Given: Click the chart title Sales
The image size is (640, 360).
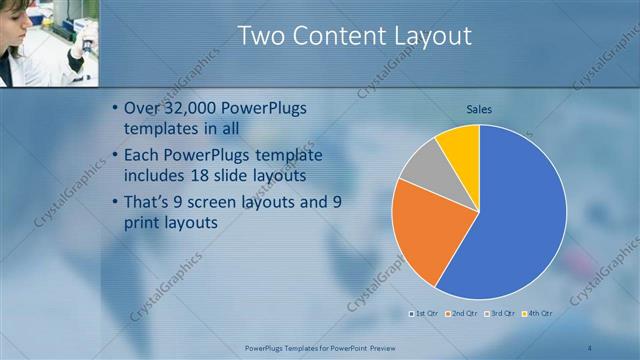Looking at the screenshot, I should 480,109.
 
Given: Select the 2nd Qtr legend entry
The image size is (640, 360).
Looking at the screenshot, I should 463,314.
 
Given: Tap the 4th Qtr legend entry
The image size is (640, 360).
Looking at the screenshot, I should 540,314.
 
